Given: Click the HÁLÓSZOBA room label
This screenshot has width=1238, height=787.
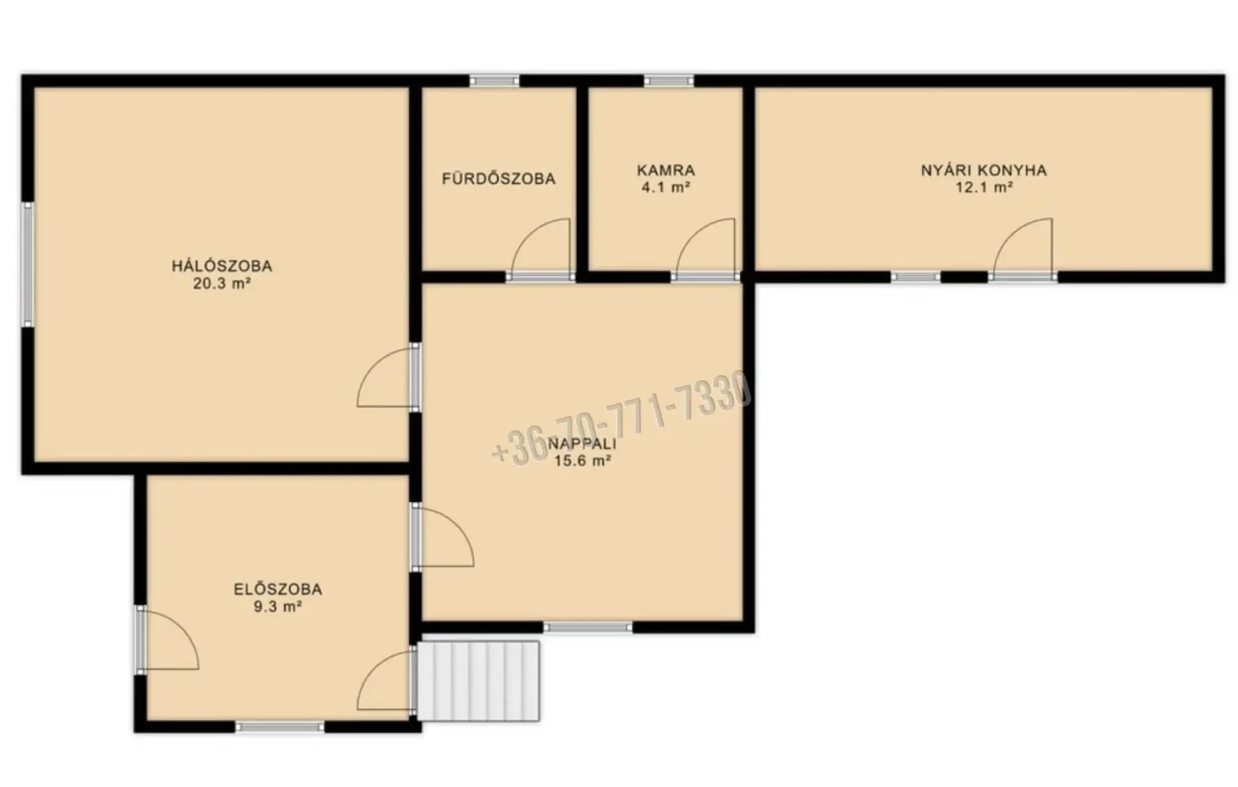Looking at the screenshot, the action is click(x=222, y=266).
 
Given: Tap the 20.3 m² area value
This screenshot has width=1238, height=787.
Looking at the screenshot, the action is click(x=222, y=284).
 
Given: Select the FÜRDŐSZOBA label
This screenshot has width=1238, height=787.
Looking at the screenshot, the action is click(x=499, y=178).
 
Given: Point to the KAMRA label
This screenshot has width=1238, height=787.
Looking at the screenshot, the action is click(x=666, y=170).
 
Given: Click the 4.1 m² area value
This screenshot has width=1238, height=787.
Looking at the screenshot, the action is click(x=666, y=187).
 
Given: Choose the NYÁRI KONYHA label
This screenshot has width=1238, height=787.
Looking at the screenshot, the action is click(x=984, y=170).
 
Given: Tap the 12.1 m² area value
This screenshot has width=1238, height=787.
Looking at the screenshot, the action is click(x=984, y=187).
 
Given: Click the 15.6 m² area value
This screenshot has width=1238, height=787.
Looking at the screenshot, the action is click(x=583, y=461).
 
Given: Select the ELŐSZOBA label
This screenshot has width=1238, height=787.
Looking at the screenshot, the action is click(x=277, y=590).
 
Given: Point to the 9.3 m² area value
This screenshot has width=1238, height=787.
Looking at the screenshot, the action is click(x=277, y=607).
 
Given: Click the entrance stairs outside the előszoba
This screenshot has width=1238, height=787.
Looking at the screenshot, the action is click(x=479, y=681).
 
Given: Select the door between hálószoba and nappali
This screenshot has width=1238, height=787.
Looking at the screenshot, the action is click(x=387, y=379).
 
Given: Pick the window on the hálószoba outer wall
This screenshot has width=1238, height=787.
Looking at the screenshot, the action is click(x=27, y=264).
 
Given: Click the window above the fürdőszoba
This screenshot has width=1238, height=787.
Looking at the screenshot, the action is click(x=495, y=81).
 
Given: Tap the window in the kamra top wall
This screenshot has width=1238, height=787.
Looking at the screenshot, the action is click(x=669, y=81).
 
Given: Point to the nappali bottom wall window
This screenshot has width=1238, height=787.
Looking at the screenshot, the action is click(x=588, y=627).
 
